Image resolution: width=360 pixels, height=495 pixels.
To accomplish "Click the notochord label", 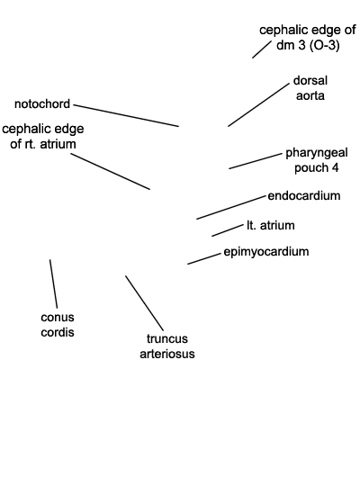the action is point(42,103).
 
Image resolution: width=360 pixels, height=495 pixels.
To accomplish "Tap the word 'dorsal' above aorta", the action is point(310,80).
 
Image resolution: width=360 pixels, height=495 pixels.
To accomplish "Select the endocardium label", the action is point(304,195).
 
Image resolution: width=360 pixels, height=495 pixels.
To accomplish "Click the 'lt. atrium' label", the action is point(271,225).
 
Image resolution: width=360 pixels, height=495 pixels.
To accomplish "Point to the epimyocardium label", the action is point(266,252).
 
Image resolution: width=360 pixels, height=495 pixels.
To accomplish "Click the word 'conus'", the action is point(58,318).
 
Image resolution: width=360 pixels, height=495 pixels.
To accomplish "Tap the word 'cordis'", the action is point(58,332).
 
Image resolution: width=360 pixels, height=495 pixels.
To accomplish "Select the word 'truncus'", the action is point(167,338).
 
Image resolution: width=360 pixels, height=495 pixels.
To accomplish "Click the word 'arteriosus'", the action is point(167,354).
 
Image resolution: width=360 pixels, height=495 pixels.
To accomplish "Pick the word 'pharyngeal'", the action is point(317,153).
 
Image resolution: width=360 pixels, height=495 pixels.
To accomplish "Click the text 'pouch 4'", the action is point(317,167).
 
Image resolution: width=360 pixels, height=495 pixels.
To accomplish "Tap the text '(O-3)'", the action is point(325,46).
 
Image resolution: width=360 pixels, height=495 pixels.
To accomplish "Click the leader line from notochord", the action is point(126,115).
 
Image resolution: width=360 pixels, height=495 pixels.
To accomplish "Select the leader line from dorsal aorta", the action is point(258,104).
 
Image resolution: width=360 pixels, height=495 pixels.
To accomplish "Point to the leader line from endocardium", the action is point(231,207).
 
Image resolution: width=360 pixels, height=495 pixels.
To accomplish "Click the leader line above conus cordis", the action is point(53,283).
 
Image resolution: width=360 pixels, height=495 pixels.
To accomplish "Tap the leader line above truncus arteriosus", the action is point(145,303).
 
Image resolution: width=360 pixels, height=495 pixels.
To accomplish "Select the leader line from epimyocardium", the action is point(204,258).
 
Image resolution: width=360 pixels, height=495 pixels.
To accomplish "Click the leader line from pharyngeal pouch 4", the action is point(256,161).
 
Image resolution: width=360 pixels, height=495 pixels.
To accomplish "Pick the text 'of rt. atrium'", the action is point(43,144).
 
